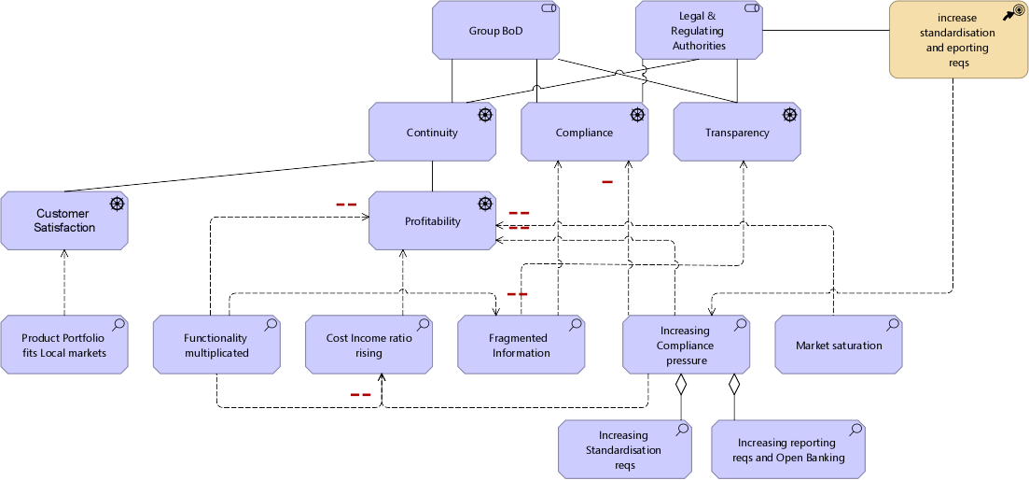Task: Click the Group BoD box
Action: click(495, 30)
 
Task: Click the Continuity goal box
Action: click(432, 132)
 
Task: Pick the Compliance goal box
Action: click(584, 132)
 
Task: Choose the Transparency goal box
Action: click(736, 132)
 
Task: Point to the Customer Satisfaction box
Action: click(63, 220)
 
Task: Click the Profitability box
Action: click(432, 221)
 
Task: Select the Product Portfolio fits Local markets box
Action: click(63, 345)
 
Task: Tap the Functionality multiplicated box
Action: click(216, 345)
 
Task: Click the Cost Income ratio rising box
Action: click(368, 345)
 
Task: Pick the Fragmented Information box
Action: click(521, 345)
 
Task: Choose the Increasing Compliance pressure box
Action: click(685, 345)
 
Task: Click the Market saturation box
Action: click(838, 345)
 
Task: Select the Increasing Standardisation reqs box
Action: click(623, 449)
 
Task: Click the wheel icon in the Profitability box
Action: click(485, 205)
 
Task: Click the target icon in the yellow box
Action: click(1014, 13)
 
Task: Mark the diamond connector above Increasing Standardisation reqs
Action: click(681, 384)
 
